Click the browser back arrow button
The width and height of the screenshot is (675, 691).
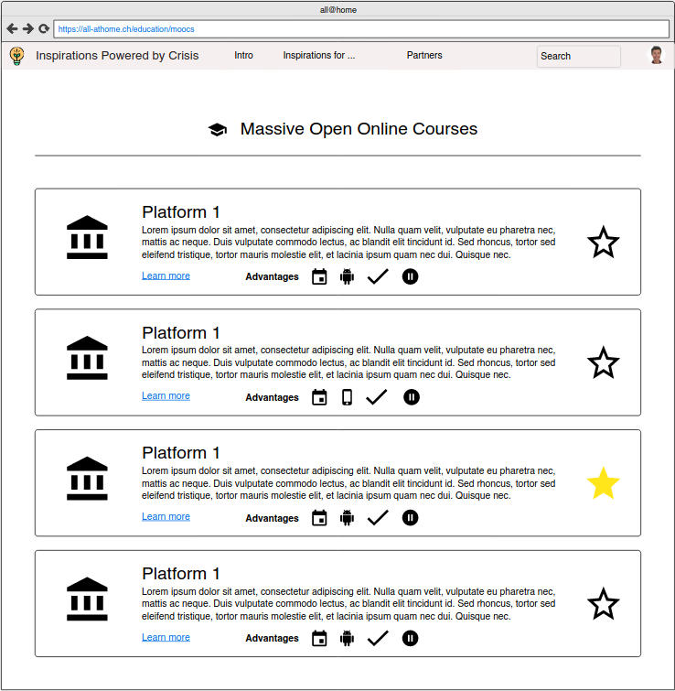point(12,28)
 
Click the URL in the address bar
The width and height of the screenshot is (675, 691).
point(126,29)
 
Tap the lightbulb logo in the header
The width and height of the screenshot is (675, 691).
point(16,56)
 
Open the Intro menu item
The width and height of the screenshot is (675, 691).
point(243,56)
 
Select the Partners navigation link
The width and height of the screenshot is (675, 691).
point(424,56)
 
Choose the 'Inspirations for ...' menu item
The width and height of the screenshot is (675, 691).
point(318,56)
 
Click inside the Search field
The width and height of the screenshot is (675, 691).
point(578,56)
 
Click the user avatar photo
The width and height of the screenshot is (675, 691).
point(656,56)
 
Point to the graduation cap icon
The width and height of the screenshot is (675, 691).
point(218,130)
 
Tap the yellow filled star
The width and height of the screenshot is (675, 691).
point(603,483)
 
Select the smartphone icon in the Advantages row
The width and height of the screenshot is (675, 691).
point(347,397)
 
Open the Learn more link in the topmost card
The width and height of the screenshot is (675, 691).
point(166,275)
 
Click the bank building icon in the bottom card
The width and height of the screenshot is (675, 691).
point(87,599)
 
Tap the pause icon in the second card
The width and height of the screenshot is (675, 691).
point(412,397)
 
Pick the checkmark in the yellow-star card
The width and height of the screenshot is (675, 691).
point(378,518)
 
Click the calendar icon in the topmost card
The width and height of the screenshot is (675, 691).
point(319,276)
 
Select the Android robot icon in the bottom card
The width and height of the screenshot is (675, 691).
point(347,639)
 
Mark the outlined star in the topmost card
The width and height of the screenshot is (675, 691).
point(603,243)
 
